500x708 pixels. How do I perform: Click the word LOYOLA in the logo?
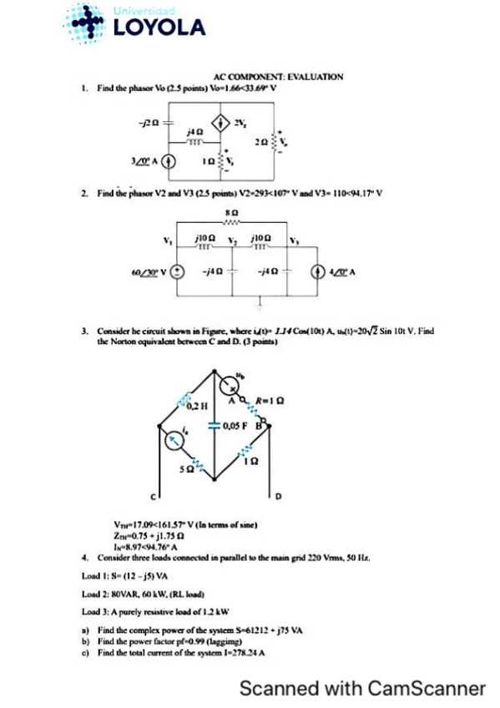click(x=158, y=28)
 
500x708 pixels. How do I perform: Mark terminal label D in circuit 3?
click(x=279, y=498)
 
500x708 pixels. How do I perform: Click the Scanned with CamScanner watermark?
click(x=361, y=688)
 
